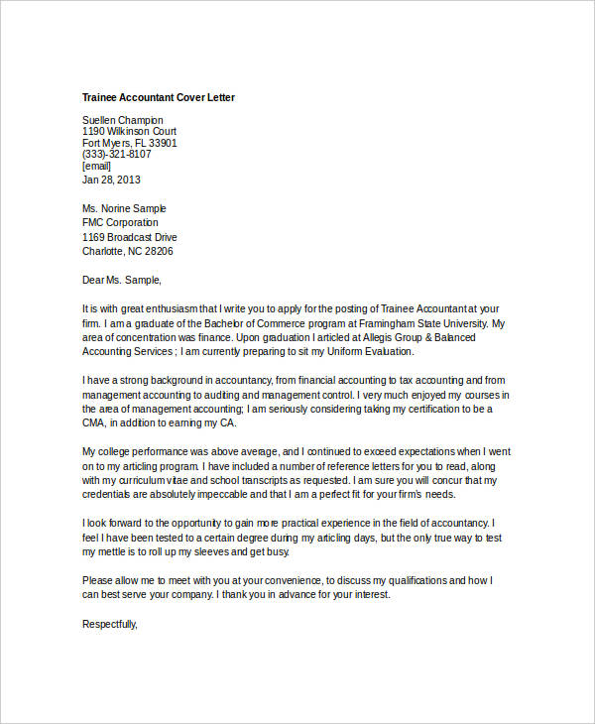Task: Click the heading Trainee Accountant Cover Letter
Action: point(159,98)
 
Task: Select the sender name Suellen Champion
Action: point(123,120)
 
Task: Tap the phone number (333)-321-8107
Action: point(117,154)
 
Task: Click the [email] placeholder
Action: point(96,166)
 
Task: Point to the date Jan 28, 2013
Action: point(111,180)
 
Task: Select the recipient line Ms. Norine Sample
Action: point(124,208)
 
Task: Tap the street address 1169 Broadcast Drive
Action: point(130,238)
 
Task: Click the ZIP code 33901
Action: point(162,143)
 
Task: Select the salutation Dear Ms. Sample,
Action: point(121,280)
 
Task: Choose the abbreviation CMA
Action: point(93,423)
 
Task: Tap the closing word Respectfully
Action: point(109,624)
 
